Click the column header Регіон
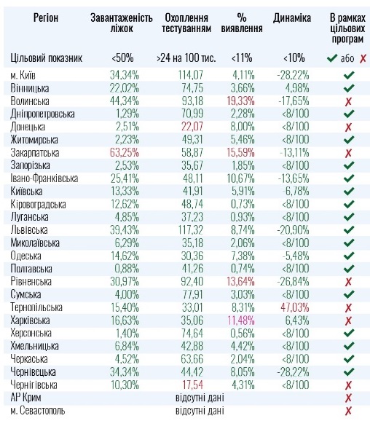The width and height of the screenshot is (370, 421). coord(46,17)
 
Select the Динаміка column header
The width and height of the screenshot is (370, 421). coord(292,18)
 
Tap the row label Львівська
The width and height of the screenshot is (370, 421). coord(29,230)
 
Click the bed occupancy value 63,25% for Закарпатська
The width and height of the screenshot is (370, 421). coord(125,152)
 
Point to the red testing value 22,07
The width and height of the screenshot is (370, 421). coord(192,127)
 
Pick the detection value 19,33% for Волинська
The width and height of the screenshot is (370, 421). coord(240,101)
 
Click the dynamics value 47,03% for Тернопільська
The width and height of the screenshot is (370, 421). coord(295,307)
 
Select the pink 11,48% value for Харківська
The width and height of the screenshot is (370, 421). coord(241,320)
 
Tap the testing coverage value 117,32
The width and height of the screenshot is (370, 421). coord(191,230)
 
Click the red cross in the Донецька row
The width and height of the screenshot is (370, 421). coord(348,127)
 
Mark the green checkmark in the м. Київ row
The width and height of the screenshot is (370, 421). coord(349,75)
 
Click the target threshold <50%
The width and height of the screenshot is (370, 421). coord(122,58)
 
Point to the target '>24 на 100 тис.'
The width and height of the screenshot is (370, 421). coord(186,58)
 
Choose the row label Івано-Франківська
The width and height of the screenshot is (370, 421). coord(44,178)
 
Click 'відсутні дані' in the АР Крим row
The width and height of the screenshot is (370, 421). coord(200,398)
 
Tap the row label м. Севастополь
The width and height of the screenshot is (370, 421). coord(38,411)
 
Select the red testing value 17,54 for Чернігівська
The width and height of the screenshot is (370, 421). coord(192,385)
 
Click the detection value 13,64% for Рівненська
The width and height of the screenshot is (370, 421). coord(240,281)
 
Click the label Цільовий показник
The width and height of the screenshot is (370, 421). coord(46,58)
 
